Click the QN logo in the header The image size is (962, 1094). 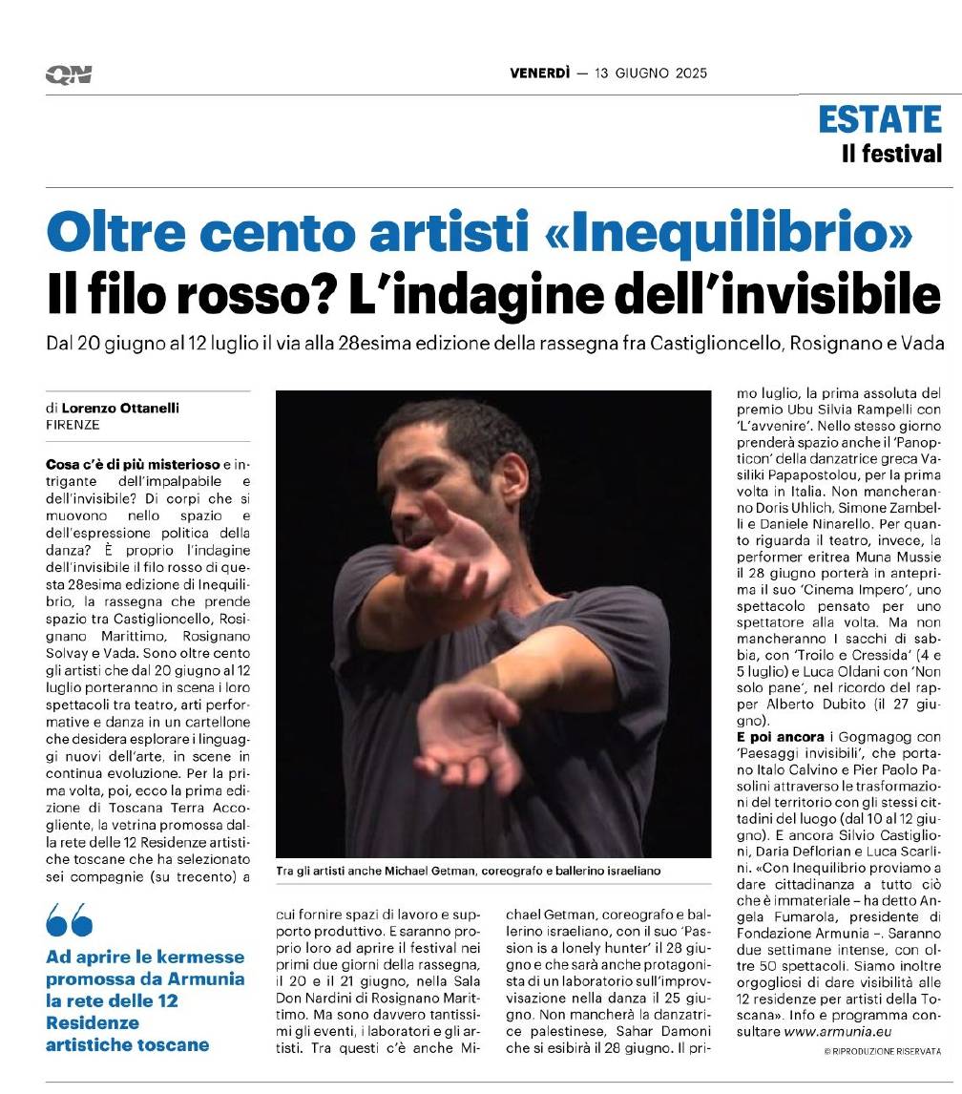coord(68,74)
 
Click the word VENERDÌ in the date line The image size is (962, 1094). coord(540,74)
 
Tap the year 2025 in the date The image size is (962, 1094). coord(688,74)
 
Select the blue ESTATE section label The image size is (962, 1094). coord(879,118)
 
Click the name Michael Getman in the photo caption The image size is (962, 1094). coord(413,872)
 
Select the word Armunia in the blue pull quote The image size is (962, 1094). coord(206,978)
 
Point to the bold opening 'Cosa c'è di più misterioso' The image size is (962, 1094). coord(133,463)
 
